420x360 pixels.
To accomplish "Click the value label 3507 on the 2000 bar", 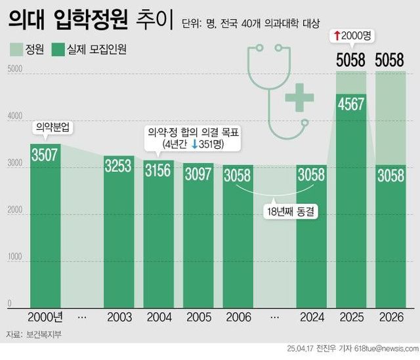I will (45, 155).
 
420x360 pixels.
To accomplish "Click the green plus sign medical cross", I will (299, 98).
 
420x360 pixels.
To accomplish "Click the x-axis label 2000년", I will (45, 317).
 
